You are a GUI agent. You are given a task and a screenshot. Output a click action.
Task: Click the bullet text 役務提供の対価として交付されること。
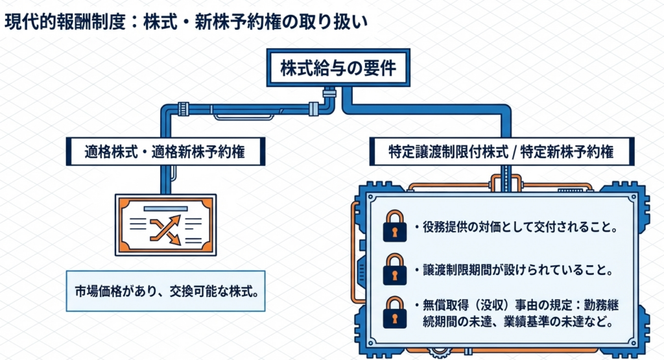[x=516, y=228]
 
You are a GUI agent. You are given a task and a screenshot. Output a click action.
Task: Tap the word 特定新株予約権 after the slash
[x=573, y=152]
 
